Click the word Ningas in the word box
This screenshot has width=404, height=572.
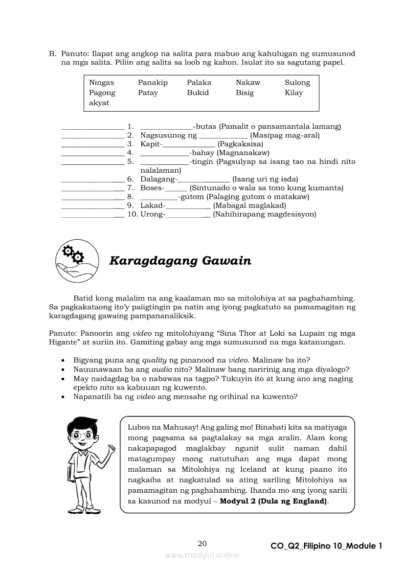[101, 83]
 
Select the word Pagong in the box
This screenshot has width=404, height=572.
[102, 93]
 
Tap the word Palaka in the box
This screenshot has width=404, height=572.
[199, 83]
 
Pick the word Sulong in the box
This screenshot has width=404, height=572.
[297, 83]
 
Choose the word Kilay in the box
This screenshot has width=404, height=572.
[293, 92]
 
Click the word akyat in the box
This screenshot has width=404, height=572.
[99, 103]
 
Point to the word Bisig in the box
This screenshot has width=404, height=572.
[245, 92]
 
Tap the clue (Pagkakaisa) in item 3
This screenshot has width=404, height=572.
[241, 144]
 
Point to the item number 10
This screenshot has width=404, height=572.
[132, 214]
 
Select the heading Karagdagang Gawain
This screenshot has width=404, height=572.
[180, 261]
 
